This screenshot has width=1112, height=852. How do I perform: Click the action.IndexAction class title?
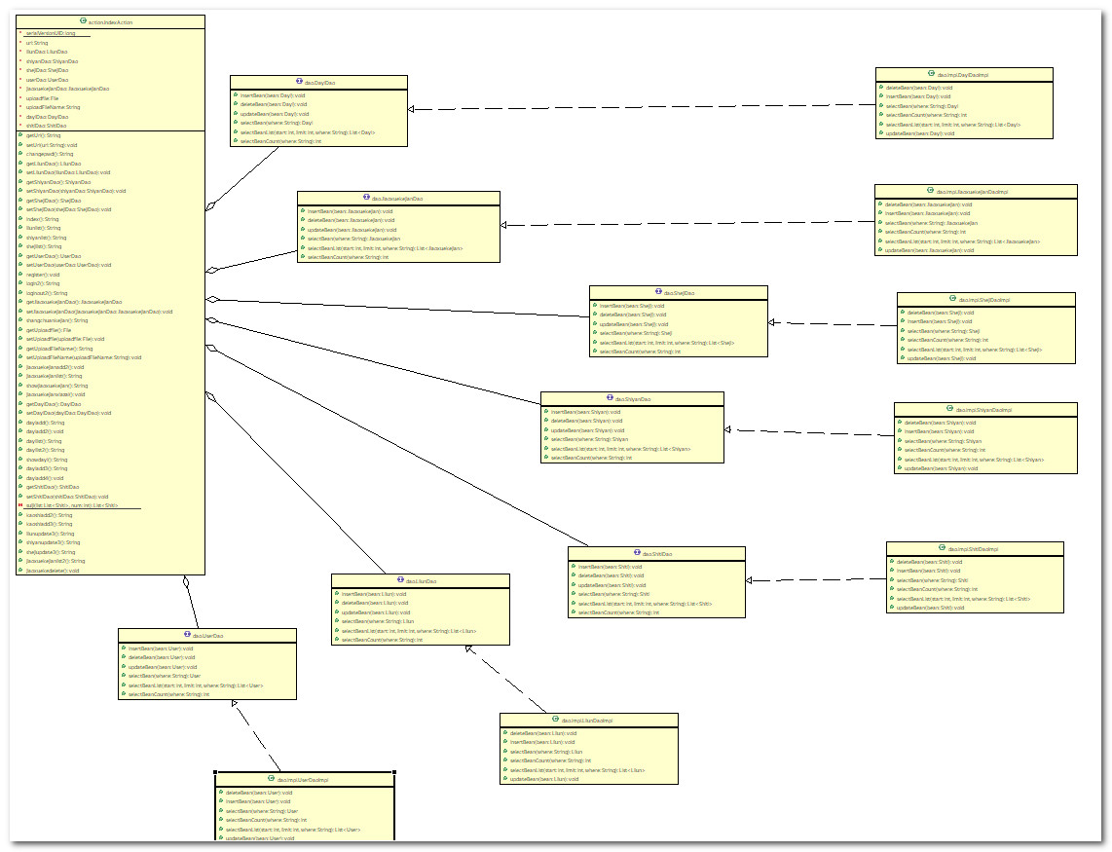109,21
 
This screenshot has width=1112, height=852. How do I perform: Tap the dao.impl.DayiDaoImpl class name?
963,74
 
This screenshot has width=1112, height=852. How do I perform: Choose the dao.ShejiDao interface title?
679,292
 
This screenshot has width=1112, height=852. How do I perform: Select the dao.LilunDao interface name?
420,581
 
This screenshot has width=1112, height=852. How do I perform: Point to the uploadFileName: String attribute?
54,107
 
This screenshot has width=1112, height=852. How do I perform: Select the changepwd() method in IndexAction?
50,154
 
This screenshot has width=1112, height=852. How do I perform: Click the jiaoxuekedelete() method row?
53,571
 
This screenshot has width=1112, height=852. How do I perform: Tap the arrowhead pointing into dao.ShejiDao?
773,322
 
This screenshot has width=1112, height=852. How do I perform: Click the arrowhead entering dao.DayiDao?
413,110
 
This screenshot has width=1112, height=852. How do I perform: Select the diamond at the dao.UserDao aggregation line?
185,582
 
